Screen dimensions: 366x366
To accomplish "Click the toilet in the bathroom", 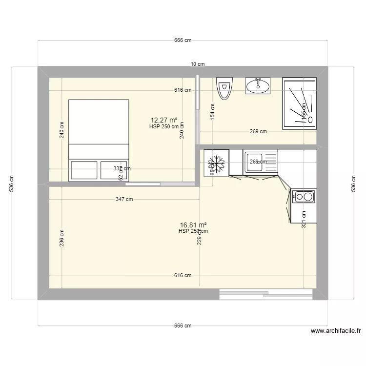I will click(224, 88).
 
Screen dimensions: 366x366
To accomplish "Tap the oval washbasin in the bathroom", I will click(257, 86).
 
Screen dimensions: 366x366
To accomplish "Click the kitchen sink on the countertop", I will click(254, 163).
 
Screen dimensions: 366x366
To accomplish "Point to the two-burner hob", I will click(304, 197).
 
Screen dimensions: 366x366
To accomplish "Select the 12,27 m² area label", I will click(164, 120).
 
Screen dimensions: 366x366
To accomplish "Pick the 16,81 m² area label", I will click(193, 224).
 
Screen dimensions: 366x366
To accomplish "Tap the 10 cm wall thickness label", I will click(197, 64).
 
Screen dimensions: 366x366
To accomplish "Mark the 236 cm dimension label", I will click(62, 238).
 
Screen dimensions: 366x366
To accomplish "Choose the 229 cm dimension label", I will click(199, 238).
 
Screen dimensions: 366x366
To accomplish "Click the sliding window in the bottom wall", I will click(266, 294).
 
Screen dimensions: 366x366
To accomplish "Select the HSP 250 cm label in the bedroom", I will click(164, 126).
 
